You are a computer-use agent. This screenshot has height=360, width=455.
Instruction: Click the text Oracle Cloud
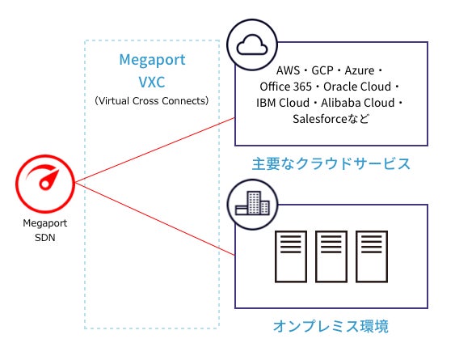[360, 87]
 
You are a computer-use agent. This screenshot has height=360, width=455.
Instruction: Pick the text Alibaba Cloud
[360, 103]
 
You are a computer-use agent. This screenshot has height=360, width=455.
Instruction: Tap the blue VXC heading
[151, 80]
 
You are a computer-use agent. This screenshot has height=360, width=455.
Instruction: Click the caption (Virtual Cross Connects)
[151, 101]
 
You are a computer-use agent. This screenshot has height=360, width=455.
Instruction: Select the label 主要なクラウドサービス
[332, 164]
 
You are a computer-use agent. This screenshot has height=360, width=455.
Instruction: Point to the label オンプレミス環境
[331, 327]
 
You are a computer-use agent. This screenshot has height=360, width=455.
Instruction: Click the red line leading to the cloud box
[154, 152]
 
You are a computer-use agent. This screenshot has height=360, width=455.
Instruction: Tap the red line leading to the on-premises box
[154, 218]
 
